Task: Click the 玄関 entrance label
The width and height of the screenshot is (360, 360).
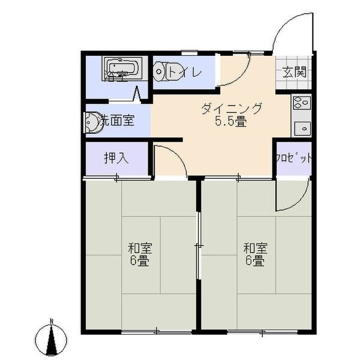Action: (x=294, y=73)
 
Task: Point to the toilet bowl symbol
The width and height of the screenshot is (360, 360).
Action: (x=161, y=71)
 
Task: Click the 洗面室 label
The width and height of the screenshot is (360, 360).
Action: (x=117, y=120)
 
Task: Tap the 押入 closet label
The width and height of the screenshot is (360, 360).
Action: (x=116, y=158)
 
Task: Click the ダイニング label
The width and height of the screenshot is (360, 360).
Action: (x=232, y=109)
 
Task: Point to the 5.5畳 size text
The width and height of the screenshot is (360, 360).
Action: (x=232, y=122)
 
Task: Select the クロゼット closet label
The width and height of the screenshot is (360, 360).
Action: (x=293, y=158)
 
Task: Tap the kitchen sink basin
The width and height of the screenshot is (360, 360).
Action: (x=300, y=127)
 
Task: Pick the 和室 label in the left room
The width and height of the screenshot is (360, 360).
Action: (x=140, y=248)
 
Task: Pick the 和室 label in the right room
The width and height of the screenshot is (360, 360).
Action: (x=255, y=248)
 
